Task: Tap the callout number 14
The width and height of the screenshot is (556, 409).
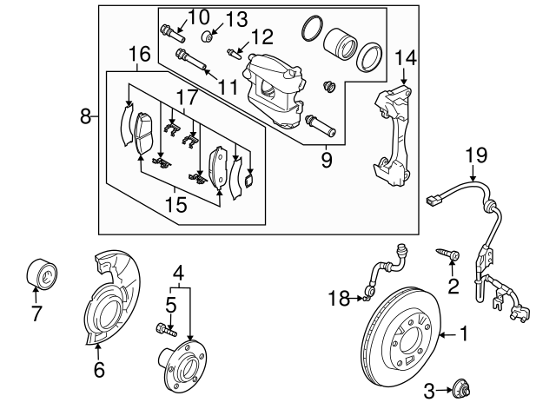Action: click(405, 60)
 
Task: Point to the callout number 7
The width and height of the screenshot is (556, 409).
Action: click(36, 314)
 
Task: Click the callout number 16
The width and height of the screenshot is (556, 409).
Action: click(140, 56)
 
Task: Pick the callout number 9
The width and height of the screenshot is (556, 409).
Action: click(327, 160)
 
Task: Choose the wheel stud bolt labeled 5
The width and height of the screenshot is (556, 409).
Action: click(165, 328)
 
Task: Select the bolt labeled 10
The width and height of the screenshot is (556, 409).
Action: click(170, 34)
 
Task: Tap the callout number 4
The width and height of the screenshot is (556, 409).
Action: click(178, 270)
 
